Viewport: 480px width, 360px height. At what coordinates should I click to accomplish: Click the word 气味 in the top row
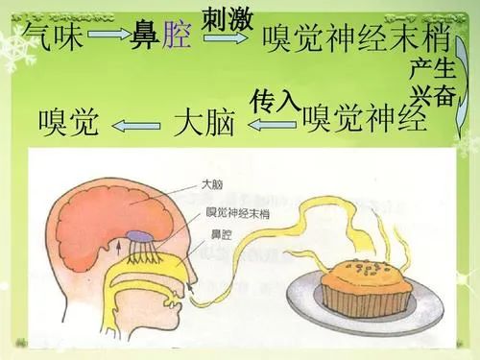54,39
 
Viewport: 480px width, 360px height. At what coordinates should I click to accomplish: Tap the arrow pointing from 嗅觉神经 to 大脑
274,123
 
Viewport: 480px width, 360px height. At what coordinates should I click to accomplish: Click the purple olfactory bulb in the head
139,234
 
